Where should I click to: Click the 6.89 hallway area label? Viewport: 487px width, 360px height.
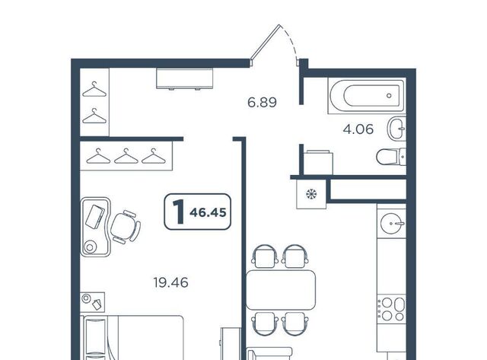(x=262, y=102)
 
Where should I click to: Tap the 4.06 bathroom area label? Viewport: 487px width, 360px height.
(x=358, y=129)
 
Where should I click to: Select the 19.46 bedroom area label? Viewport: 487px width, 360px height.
(x=170, y=282)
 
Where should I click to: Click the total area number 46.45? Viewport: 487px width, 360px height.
(x=208, y=212)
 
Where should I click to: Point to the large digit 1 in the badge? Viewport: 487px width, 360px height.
(x=179, y=212)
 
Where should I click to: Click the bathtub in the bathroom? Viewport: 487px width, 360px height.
(x=367, y=95)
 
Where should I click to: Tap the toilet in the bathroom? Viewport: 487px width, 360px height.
(x=390, y=157)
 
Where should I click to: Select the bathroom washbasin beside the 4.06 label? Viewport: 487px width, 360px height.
(x=396, y=129)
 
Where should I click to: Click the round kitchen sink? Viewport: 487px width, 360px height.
(x=393, y=223)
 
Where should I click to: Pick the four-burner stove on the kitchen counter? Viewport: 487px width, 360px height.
(x=392, y=309)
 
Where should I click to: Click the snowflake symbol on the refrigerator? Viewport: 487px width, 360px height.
(x=311, y=194)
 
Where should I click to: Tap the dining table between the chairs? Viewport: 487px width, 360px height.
(x=281, y=290)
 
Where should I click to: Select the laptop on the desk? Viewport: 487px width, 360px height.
(x=94, y=216)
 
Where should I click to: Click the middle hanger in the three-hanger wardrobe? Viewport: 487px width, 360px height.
(x=126, y=156)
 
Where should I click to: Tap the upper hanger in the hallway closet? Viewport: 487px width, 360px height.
(x=94, y=89)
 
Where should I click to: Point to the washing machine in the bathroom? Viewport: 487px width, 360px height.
(x=318, y=162)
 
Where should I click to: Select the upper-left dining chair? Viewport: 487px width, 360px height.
(x=264, y=256)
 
